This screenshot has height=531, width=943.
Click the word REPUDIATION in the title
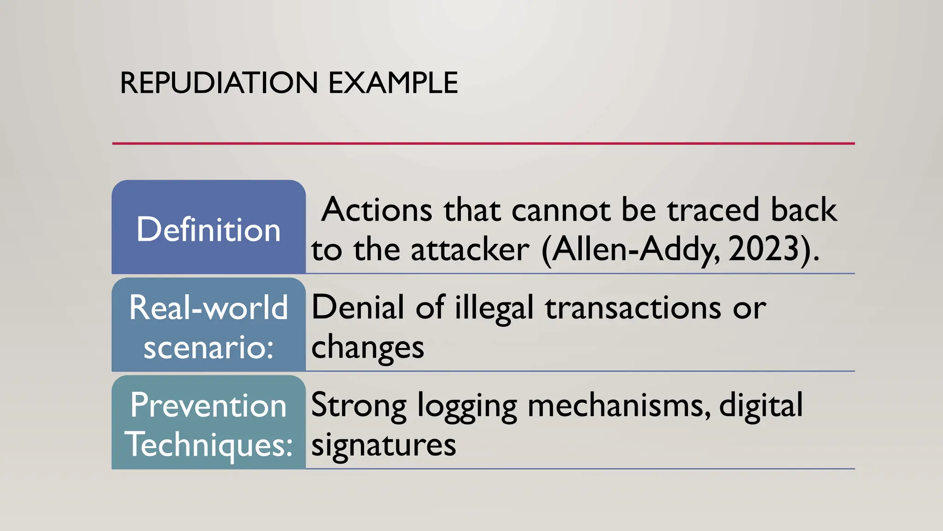point(219,83)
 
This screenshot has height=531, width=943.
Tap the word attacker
point(470,250)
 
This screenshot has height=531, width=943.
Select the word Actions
point(377,210)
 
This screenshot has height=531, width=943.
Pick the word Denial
point(358,307)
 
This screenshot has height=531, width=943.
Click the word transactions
point(633,307)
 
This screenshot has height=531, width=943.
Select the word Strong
point(359,406)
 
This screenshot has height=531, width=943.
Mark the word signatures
point(384,446)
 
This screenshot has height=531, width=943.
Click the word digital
point(761,406)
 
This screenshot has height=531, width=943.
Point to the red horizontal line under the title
point(483,143)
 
